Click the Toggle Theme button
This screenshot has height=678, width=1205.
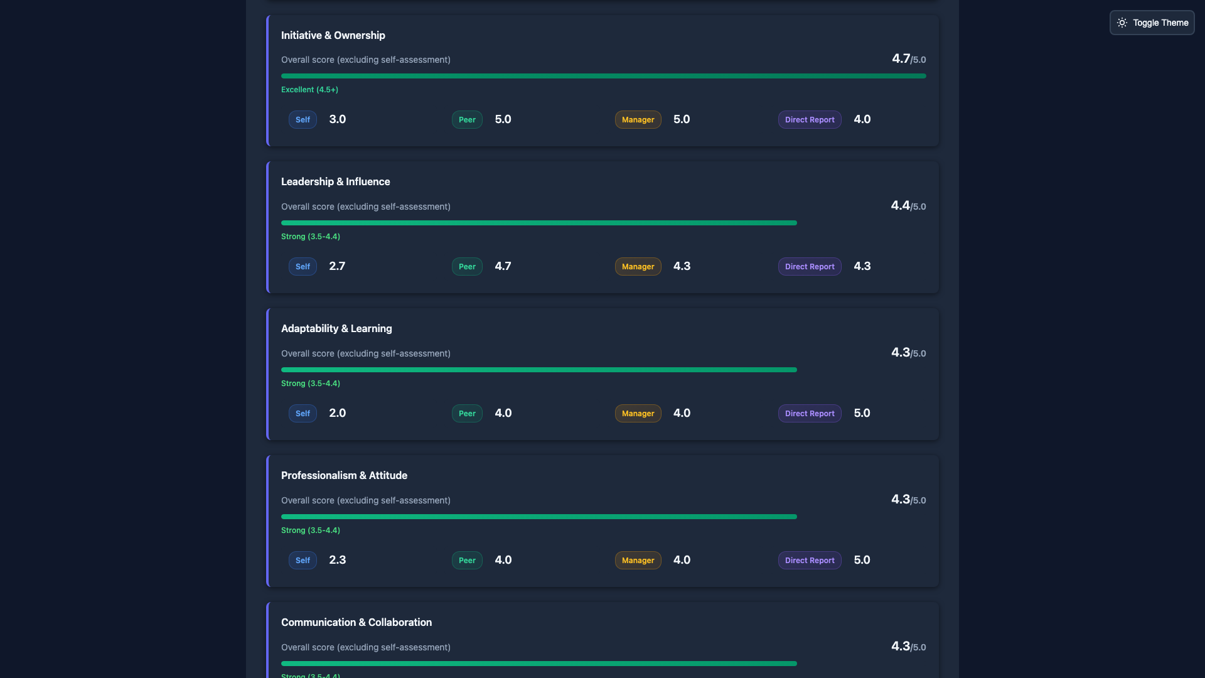pos(1152,23)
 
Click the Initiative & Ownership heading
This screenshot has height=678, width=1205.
pos(333,35)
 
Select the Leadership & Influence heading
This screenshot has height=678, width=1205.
pos(335,181)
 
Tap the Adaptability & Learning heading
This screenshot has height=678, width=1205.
pos(336,328)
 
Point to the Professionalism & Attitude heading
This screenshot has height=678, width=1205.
pos(344,475)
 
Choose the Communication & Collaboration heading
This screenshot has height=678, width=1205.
pos(356,622)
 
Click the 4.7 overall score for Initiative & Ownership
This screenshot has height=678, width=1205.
pos(901,58)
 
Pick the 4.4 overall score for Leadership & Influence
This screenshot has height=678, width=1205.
pos(900,205)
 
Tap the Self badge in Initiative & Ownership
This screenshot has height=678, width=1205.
pos(303,119)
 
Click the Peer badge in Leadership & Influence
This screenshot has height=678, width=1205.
pos(467,266)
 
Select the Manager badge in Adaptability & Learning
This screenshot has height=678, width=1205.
pos(638,413)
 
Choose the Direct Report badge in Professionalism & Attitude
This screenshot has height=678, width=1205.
pos(809,560)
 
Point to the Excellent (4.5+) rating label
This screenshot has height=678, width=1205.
pos(309,90)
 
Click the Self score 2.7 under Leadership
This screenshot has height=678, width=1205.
pos(337,266)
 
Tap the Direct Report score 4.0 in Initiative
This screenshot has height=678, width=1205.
pos(862,119)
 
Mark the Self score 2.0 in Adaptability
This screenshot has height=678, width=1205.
pos(337,413)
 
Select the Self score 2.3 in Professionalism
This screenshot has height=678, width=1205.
pos(337,560)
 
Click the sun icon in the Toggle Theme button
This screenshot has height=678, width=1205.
pos(1122,23)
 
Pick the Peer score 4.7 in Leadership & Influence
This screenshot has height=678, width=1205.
pos(503,266)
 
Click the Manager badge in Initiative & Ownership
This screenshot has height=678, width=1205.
pos(638,119)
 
